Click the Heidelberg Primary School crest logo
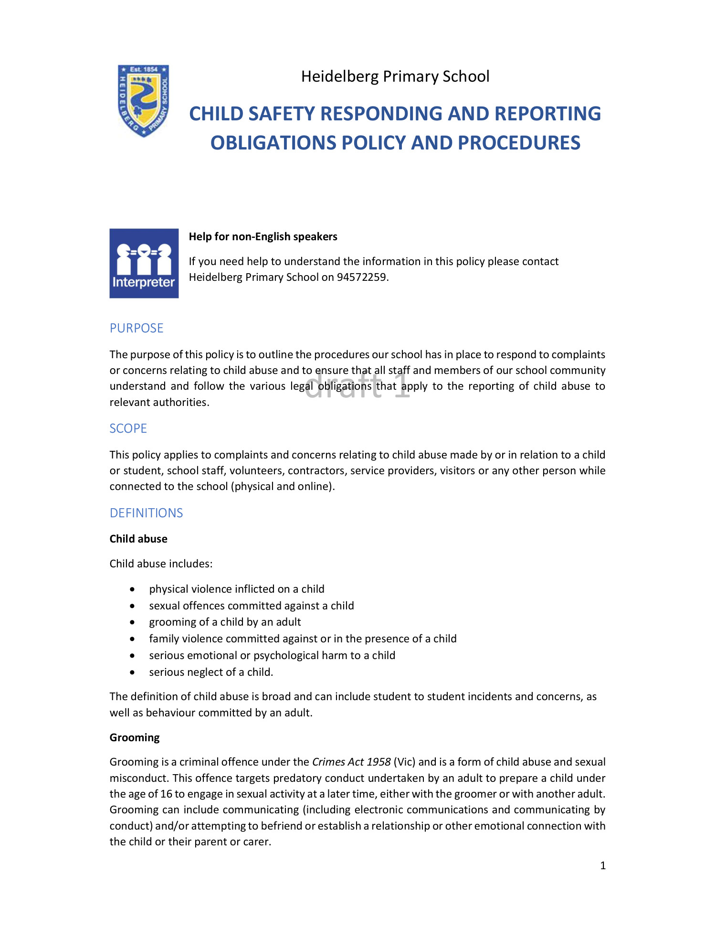(x=144, y=101)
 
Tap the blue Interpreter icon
(x=144, y=263)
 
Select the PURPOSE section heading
(x=137, y=328)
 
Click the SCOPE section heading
(x=128, y=428)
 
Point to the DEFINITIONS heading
(x=146, y=513)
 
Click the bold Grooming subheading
(x=135, y=737)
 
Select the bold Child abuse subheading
(x=138, y=539)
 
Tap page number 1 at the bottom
(x=603, y=865)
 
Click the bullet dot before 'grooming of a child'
(x=132, y=622)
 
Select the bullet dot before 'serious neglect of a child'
(x=132, y=672)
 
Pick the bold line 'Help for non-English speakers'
(x=263, y=236)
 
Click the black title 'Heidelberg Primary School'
(x=395, y=76)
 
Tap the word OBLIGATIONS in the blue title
(x=273, y=143)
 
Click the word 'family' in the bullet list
(x=164, y=639)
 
